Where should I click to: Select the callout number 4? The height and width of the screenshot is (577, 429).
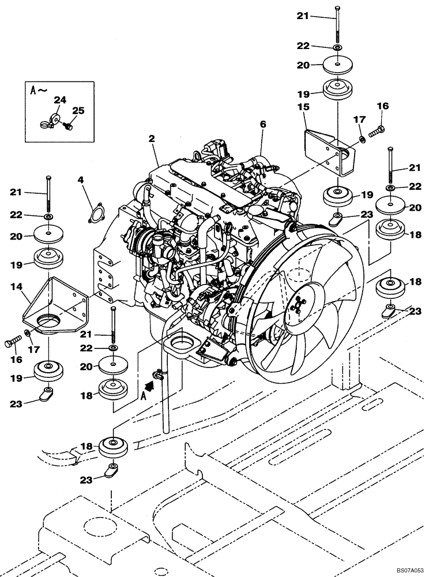pyautogui.click(x=81, y=181)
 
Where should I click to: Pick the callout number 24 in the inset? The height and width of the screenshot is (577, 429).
pyautogui.click(x=59, y=99)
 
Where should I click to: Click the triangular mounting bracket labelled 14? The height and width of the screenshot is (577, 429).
pyautogui.click(x=55, y=306)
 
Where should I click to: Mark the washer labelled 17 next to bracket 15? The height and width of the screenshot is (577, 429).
pyautogui.click(x=360, y=139)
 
